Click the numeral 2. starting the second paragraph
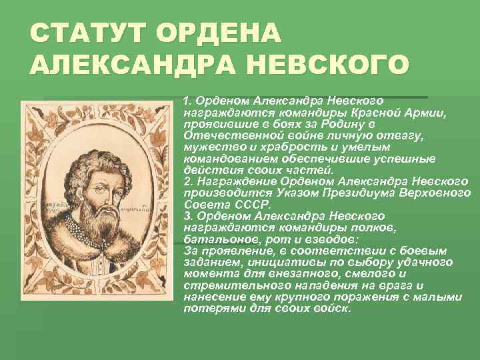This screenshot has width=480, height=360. (x=188, y=181)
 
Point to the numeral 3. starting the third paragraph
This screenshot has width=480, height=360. (x=188, y=216)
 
